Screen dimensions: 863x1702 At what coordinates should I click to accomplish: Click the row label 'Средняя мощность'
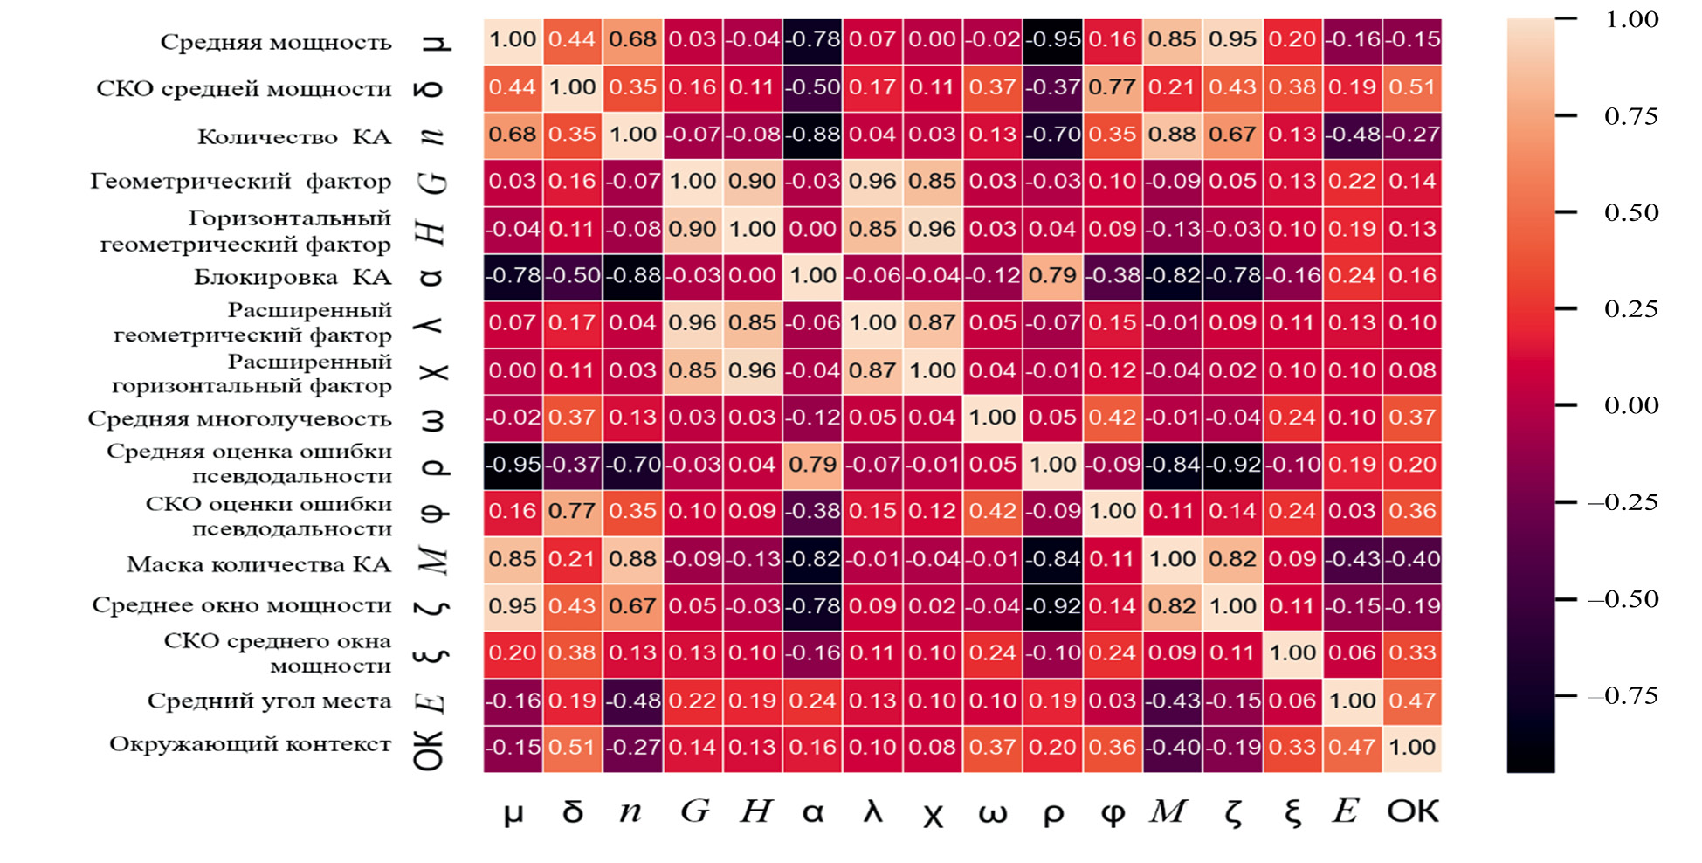[x=276, y=43]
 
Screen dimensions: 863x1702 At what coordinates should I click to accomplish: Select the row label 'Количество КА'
[x=294, y=137]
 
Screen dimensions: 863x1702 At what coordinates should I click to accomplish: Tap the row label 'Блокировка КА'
[x=293, y=278]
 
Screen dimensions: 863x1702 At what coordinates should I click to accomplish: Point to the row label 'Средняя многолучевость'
[x=239, y=419]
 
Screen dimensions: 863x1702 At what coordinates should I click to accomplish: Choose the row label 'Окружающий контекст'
[x=250, y=744]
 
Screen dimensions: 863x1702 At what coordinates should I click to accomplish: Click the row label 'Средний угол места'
[x=269, y=701]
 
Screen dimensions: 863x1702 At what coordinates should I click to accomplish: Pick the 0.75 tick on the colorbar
[x=1630, y=116]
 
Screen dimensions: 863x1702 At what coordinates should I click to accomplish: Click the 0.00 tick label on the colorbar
[x=1630, y=405]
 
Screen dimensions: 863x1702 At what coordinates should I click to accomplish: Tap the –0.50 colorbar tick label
[x=1623, y=599]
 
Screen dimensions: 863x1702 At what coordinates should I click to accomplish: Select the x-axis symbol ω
[x=992, y=813]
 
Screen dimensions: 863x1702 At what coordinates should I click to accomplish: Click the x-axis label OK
[x=1412, y=811]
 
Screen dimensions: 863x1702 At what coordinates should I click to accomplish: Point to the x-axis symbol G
[x=694, y=811]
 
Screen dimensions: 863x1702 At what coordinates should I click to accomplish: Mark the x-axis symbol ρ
[x=1053, y=813]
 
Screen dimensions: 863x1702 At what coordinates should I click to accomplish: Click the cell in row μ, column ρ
[x=1053, y=40]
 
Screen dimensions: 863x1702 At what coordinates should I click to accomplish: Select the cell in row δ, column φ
[x=1113, y=87]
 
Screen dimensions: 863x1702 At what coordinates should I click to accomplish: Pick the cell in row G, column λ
[x=872, y=182]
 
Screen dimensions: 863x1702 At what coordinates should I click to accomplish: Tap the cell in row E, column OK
[x=1412, y=701]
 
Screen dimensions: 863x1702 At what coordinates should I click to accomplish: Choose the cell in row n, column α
[x=813, y=135]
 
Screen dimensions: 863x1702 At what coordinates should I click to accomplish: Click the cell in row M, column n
[x=633, y=559]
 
